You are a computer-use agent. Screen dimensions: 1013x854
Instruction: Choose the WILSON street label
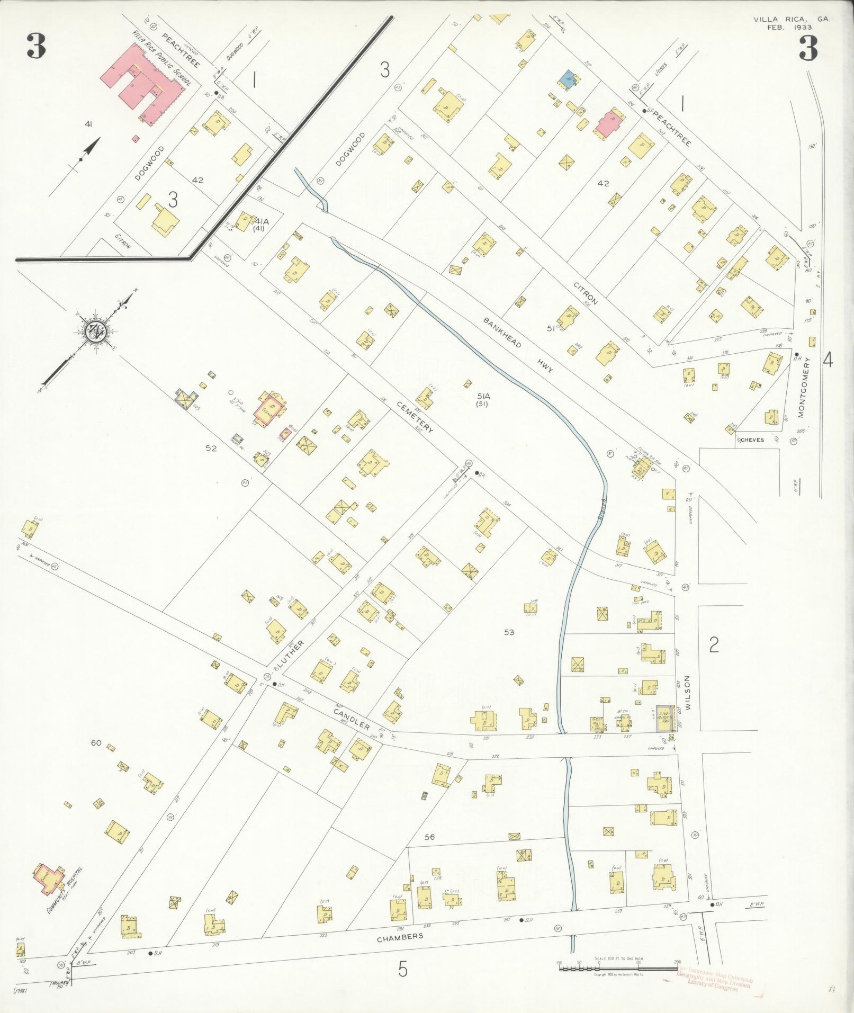point(688,692)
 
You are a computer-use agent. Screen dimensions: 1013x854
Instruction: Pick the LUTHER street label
point(293,655)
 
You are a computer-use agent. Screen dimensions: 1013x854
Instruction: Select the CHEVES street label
point(752,440)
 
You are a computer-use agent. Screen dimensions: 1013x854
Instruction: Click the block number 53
point(509,632)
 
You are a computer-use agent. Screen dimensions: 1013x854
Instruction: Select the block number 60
point(96,743)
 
